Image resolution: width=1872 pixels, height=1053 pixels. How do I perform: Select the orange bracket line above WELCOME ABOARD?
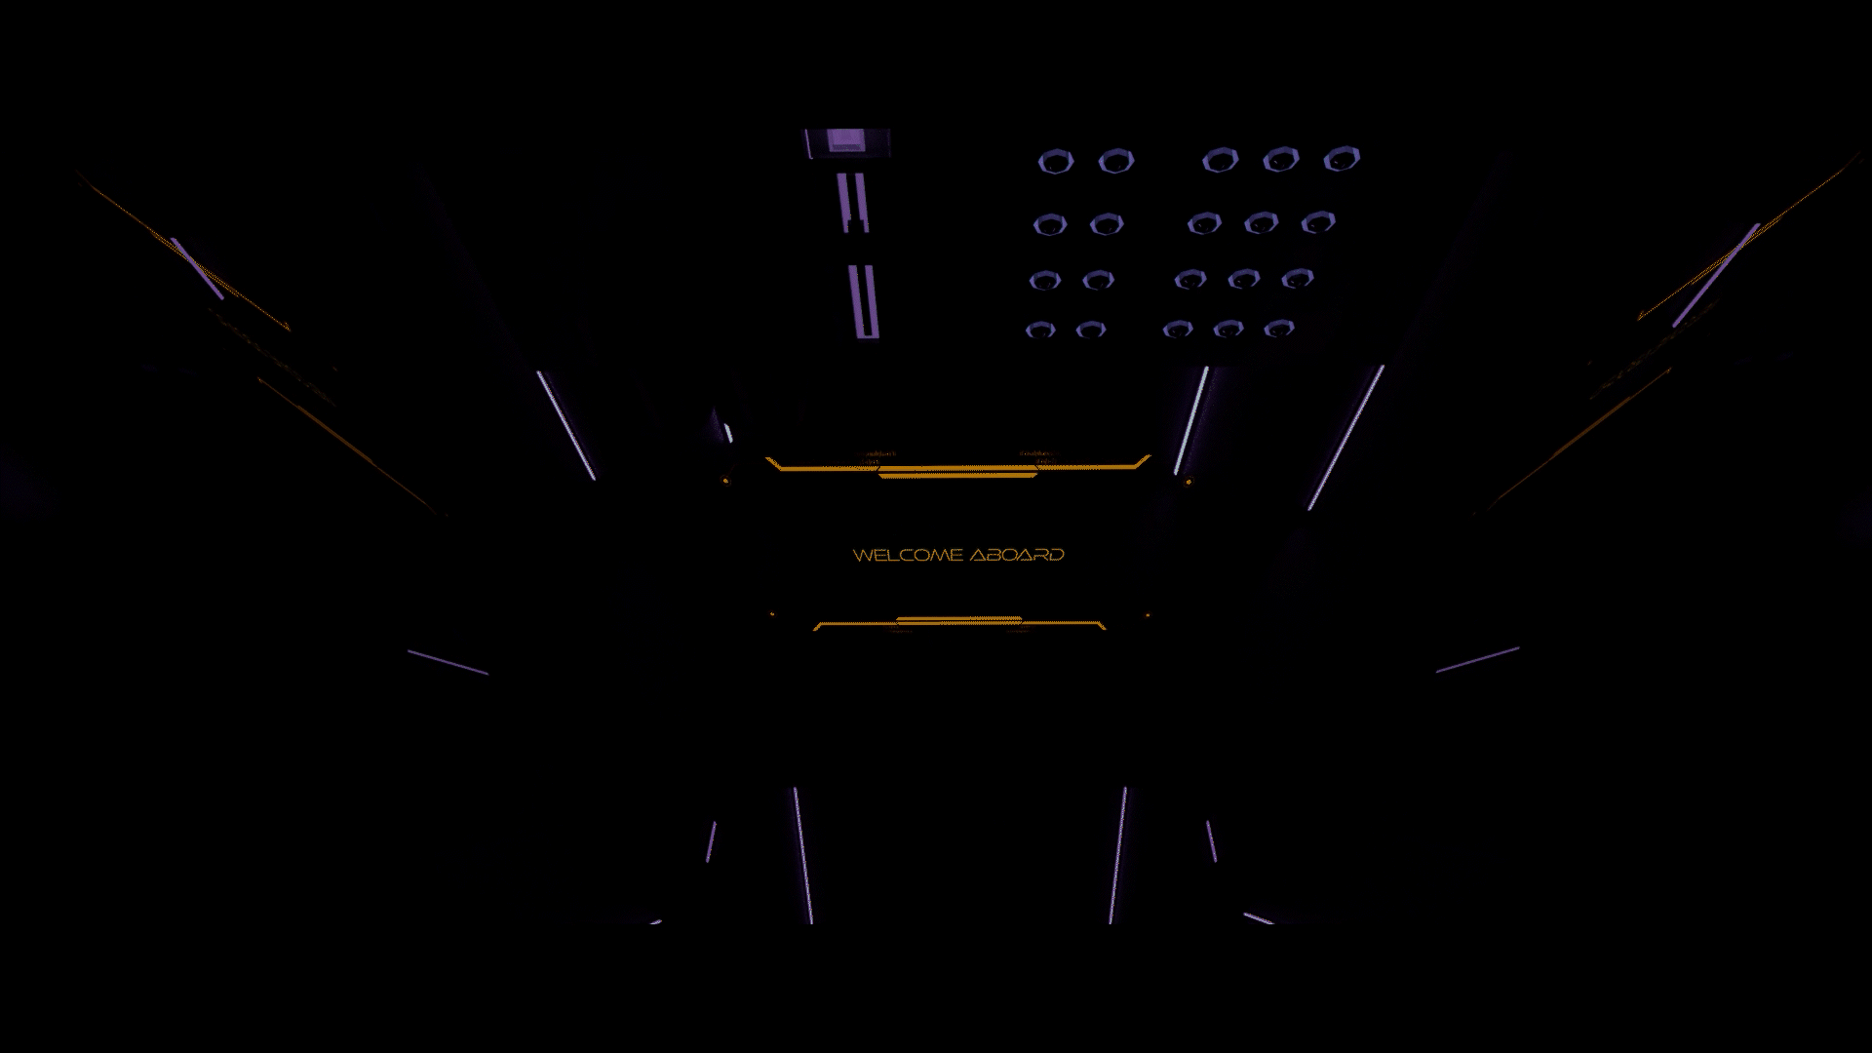coord(957,469)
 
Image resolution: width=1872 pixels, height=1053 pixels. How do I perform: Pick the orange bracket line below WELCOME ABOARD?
coord(959,622)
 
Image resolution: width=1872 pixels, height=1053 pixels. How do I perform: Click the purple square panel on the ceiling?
coord(846,142)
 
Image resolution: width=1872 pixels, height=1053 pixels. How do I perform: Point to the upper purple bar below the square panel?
coord(853,202)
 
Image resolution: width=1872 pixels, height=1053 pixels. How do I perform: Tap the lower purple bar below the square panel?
coord(864,301)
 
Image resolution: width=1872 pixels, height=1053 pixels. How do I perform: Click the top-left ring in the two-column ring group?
coord(1055,161)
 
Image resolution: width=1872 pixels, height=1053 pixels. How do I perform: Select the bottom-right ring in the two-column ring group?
coord(1090,330)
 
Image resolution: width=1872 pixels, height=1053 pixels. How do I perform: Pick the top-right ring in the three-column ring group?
coord(1342,158)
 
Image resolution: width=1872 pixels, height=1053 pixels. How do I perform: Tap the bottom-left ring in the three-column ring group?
coord(1177,330)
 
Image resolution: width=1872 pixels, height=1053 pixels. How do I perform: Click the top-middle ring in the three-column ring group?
coord(1280,160)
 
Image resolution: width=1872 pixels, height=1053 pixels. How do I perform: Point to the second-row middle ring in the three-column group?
coord(1261,223)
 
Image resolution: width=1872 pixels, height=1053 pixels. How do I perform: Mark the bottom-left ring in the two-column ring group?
coord(1039,330)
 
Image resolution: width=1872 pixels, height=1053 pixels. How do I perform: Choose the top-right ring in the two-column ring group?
coord(1115,161)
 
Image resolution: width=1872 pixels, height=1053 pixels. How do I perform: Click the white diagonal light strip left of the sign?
coord(565,424)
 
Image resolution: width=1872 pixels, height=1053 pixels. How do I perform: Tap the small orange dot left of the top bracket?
coord(724,481)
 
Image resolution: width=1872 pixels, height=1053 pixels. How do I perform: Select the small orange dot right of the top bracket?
coord(1188,481)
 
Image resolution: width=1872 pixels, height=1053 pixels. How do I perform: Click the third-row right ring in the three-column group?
coord(1297,279)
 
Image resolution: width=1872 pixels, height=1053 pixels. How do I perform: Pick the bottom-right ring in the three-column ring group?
coord(1278,329)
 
